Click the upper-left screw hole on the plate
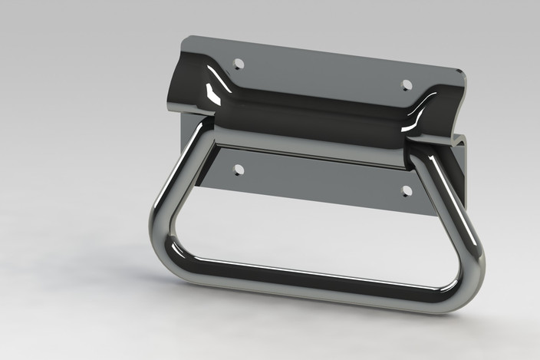238,64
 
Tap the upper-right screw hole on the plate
407,84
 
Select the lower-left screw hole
238,169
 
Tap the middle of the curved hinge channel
314,111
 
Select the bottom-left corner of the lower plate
202,184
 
